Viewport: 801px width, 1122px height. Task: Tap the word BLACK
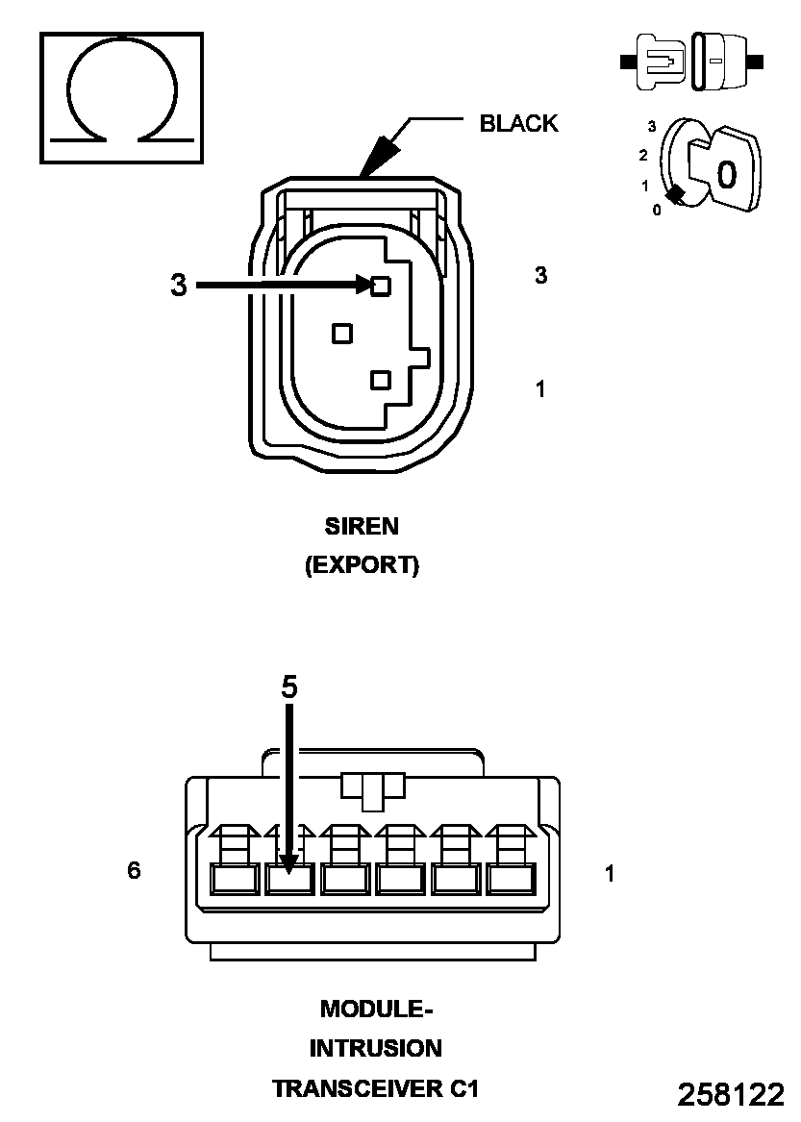click(518, 123)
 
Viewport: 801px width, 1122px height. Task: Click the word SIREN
click(362, 527)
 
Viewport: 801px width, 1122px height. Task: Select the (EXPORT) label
click(362, 565)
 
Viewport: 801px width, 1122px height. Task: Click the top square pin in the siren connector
click(381, 285)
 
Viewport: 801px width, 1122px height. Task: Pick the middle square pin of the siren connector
click(341, 333)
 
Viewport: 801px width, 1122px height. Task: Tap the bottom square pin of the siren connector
click(381, 380)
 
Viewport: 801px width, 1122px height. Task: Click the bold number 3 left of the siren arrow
click(178, 286)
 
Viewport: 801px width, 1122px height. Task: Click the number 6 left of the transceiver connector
click(134, 870)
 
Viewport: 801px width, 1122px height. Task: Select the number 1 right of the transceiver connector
click(610, 874)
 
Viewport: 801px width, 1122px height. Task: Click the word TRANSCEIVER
click(359, 1089)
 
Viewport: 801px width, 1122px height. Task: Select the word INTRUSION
click(375, 1049)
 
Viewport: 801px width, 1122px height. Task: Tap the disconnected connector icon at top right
click(693, 62)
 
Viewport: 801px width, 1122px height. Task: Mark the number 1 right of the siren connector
click(540, 389)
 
